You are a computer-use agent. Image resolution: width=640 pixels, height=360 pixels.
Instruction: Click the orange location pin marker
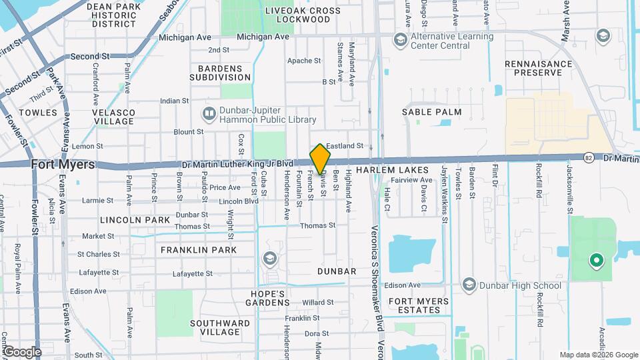(x=320, y=159)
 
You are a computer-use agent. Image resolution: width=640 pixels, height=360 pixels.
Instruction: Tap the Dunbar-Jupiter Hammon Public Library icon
(x=209, y=114)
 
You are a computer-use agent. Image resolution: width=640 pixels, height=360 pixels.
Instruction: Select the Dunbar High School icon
(x=469, y=285)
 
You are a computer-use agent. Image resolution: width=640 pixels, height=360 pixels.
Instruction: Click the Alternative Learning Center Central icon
(x=400, y=40)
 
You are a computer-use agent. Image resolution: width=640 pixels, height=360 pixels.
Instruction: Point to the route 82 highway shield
(x=588, y=157)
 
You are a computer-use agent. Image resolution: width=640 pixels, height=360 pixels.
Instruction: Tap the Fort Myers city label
(x=63, y=164)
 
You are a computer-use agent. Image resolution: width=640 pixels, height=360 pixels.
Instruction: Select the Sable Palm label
(x=431, y=113)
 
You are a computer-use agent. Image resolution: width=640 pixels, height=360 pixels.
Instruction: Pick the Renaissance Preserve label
(x=539, y=69)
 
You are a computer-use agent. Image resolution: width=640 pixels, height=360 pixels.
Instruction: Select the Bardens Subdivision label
(x=224, y=73)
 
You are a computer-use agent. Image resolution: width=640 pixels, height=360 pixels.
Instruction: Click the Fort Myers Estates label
(x=419, y=305)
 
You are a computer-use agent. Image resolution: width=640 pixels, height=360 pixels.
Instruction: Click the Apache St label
(x=304, y=61)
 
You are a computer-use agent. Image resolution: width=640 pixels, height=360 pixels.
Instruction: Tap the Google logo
(x=21, y=351)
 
